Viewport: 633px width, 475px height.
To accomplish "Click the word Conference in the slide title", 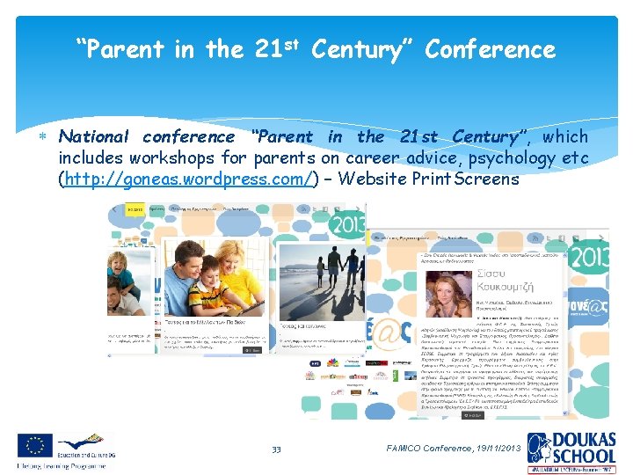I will tap(490, 50).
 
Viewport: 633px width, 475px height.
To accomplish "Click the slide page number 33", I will tap(276, 449).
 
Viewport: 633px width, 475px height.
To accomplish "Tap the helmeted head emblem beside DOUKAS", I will tap(538, 449).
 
